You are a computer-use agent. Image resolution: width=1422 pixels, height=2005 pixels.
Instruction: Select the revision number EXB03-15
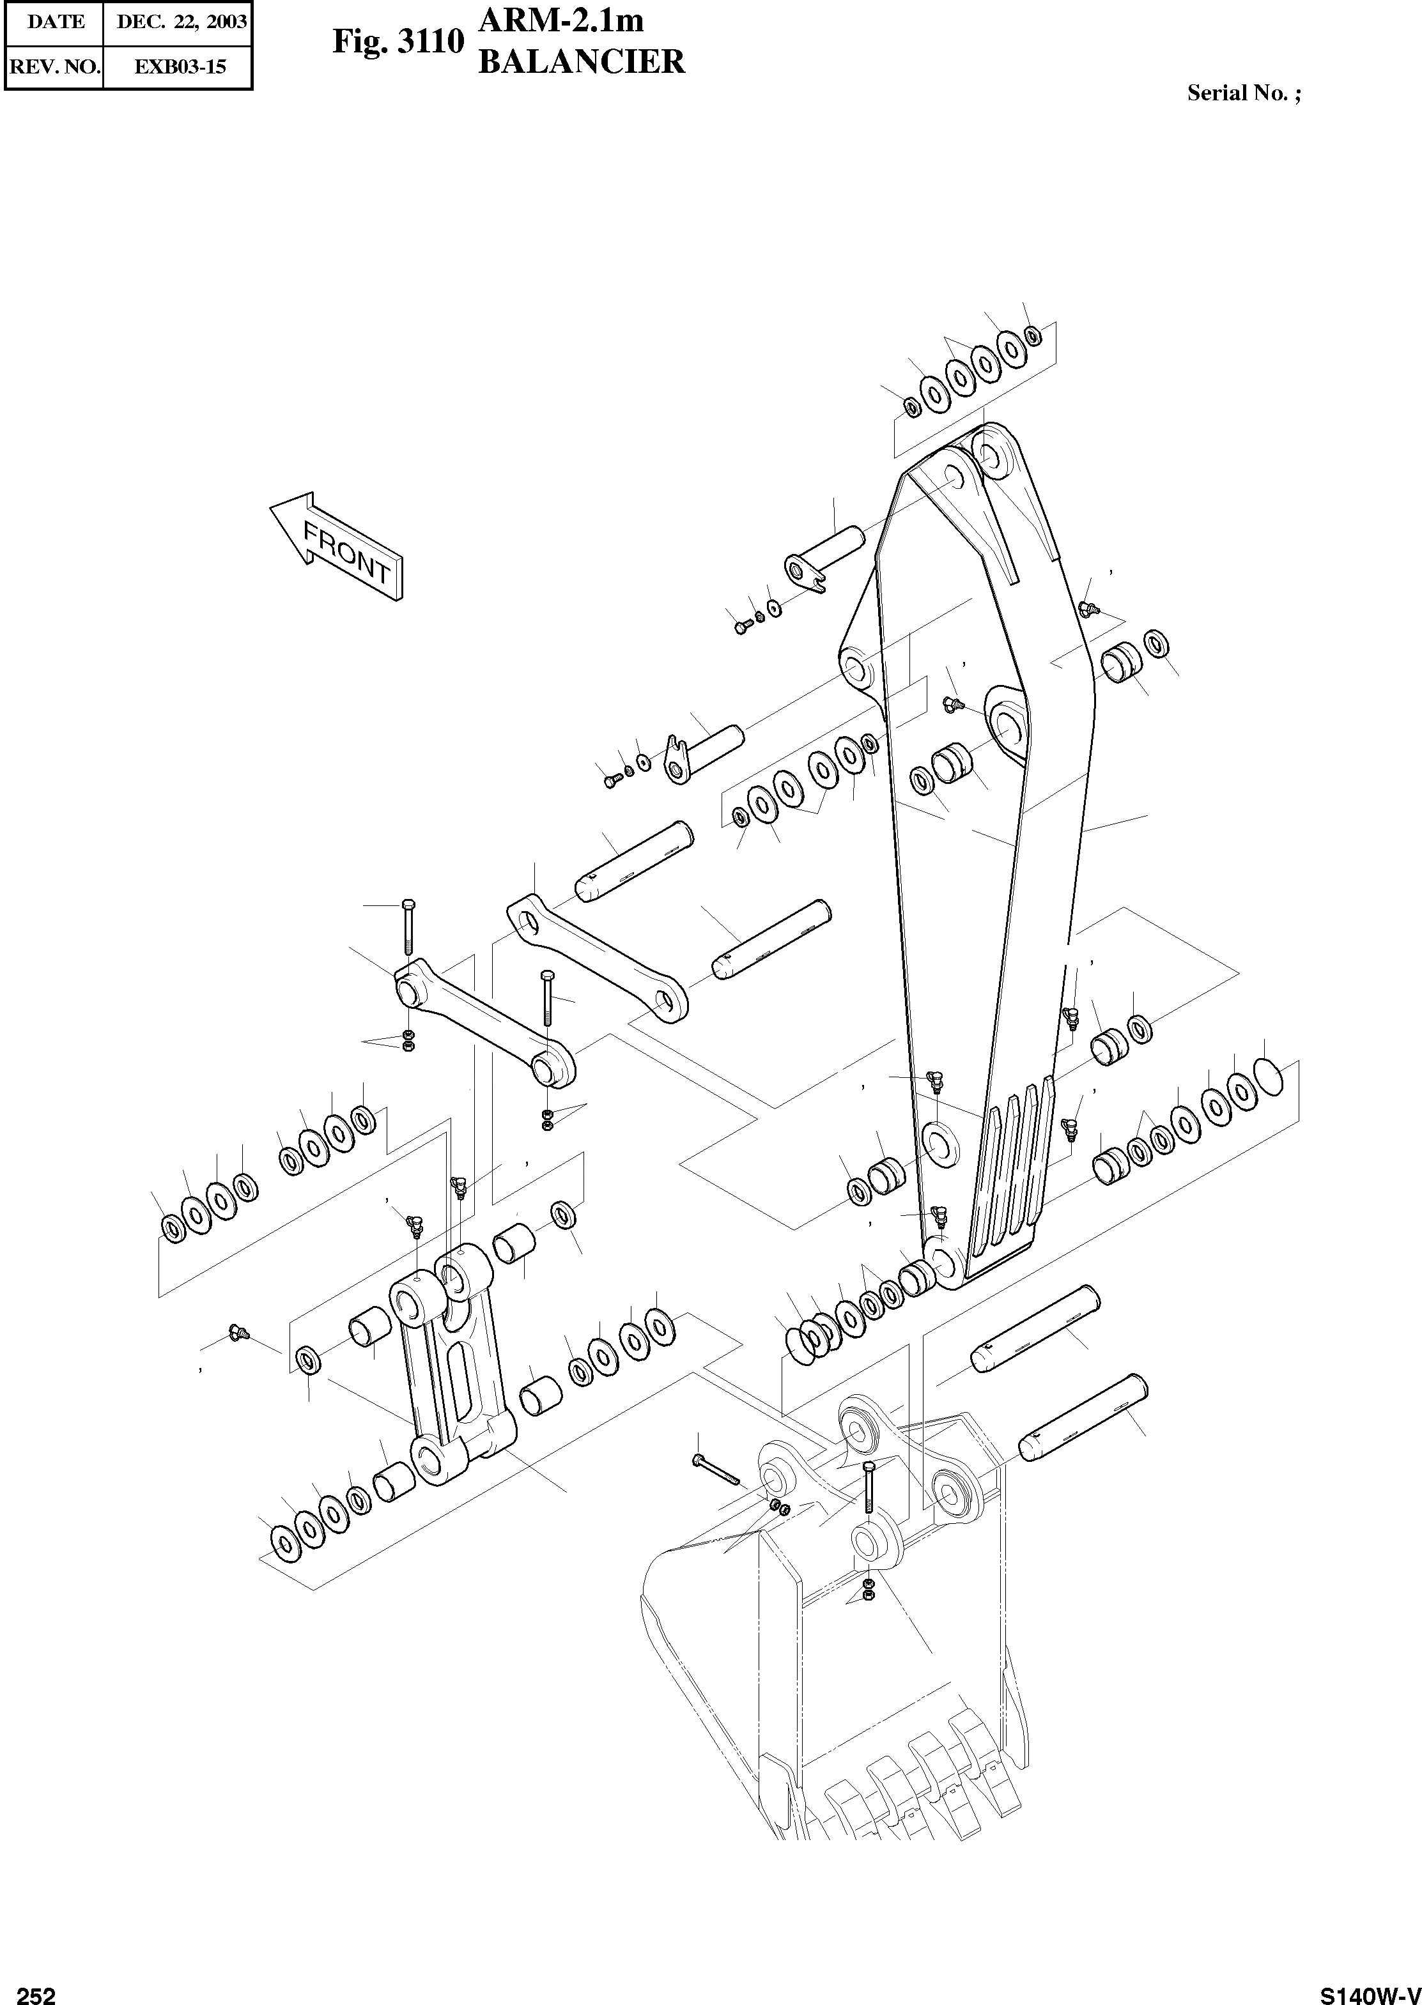[180, 66]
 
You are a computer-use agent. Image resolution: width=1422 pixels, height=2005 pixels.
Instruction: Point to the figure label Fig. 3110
[397, 42]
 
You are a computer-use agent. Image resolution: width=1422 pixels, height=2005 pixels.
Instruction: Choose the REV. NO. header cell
[54, 66]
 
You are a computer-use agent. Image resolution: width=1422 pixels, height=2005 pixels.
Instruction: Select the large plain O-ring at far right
[1268, 1075]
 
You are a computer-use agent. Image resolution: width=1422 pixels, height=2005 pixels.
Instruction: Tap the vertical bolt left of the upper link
[407, 925]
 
